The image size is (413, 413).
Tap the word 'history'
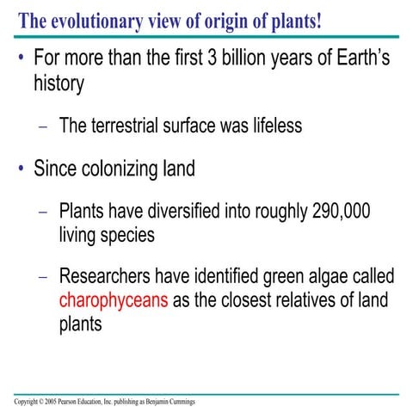59,86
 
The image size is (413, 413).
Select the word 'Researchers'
108,277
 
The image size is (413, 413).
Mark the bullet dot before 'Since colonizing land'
20,168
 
